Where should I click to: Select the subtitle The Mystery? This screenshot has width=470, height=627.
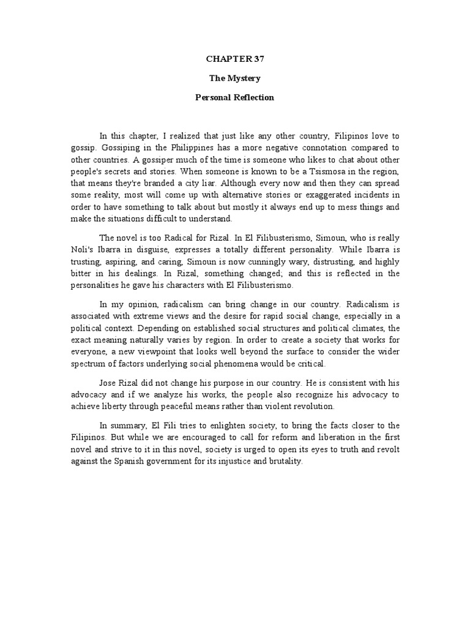pos(235,78)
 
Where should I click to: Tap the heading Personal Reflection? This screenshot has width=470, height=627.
pos(235,97)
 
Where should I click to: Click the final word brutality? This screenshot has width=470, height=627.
pos(284,462)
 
